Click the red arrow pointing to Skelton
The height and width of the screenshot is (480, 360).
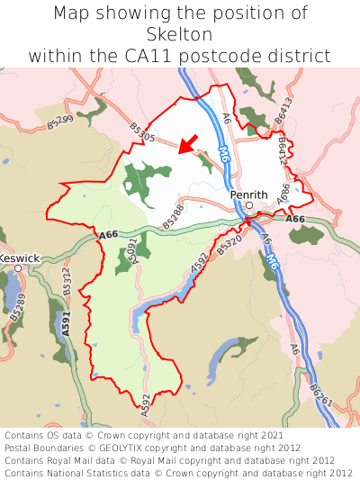point(188,143)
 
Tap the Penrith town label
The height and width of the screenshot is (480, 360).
point(248,194)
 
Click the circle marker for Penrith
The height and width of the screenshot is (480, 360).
point(249,205)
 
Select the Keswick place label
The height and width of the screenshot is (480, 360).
point(19,258)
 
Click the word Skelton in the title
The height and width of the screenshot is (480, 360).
point(180,34)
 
